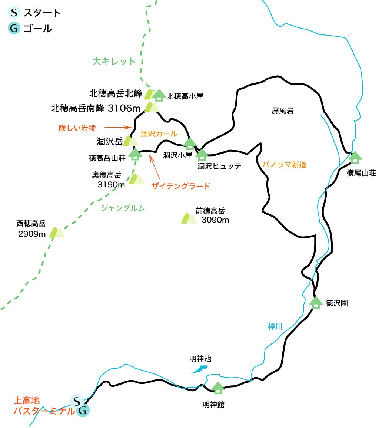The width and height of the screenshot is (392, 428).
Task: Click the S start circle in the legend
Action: (x=14, y=13)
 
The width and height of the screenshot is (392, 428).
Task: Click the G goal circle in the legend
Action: (x=14, y=29)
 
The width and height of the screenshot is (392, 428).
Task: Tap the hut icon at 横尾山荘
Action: (x=355, y=157)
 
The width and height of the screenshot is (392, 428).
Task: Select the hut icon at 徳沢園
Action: (x=316, y=302)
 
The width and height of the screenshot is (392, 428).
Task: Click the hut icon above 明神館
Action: (x=218, y=388)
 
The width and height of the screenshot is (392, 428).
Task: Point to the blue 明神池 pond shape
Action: (x=200, y=369)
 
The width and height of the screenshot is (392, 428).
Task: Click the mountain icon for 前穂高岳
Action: (x=188, y=218)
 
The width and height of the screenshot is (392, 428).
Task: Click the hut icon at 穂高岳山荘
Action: (x=135, y=154)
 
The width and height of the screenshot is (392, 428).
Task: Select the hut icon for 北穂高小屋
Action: (x=159, y=95)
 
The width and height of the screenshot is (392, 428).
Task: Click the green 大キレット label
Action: (x=114, y=62)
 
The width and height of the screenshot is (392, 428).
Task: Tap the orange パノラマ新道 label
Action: (x=284, y=165)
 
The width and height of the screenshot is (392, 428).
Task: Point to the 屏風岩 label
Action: (x=282, y=111)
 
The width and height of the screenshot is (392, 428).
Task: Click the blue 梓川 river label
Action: (x=275, y=327)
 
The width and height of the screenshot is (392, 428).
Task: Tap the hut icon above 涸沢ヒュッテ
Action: (x=202, y=154)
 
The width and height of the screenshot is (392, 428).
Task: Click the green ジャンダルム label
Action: (x=123, y=208)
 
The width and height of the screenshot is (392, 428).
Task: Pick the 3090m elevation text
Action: (x=215, y=220)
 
